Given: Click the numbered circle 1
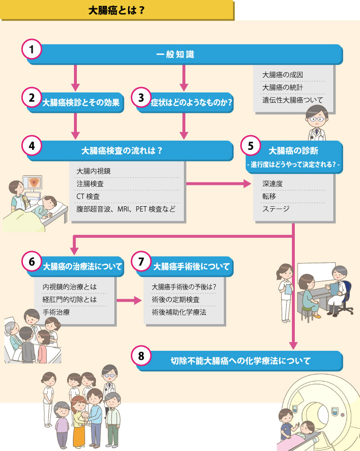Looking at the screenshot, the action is (32, 49).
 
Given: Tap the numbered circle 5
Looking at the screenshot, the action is (251, 146).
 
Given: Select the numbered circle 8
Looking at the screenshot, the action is (141, 356).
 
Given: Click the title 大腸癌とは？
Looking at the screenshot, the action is (116, 11).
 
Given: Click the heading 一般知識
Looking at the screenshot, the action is (175, 54).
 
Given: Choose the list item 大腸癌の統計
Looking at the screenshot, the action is (282, 88).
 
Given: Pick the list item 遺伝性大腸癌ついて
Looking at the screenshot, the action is (292, 100).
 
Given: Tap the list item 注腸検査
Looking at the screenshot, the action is (90, 184).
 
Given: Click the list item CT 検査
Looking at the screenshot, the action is (88, 197).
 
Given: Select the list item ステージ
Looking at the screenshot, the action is (275, 209).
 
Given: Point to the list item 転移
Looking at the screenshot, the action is (269, 196).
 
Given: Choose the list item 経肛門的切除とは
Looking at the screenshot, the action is (70, 299).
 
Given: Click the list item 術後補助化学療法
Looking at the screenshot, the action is (179, 312).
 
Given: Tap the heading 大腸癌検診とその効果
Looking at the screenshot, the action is (81, 103).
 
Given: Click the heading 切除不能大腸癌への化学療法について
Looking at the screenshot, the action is (240, 361).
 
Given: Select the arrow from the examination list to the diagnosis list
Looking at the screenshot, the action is (219, 183).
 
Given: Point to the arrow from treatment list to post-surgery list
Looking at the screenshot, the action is (129, 301).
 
